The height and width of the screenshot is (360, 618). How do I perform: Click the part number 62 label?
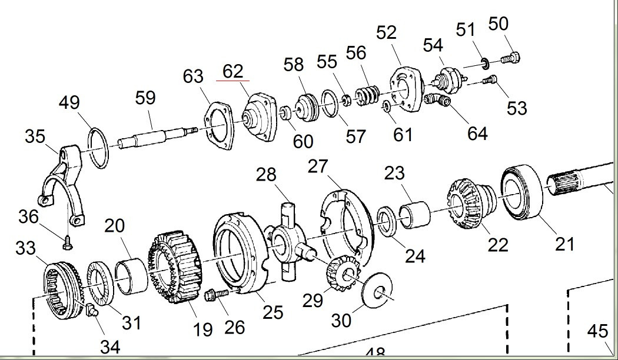232,71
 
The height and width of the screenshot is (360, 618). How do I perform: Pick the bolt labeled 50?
511,58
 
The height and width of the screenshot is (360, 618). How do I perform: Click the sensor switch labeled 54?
451,78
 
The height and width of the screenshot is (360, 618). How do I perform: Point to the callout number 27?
318,166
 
